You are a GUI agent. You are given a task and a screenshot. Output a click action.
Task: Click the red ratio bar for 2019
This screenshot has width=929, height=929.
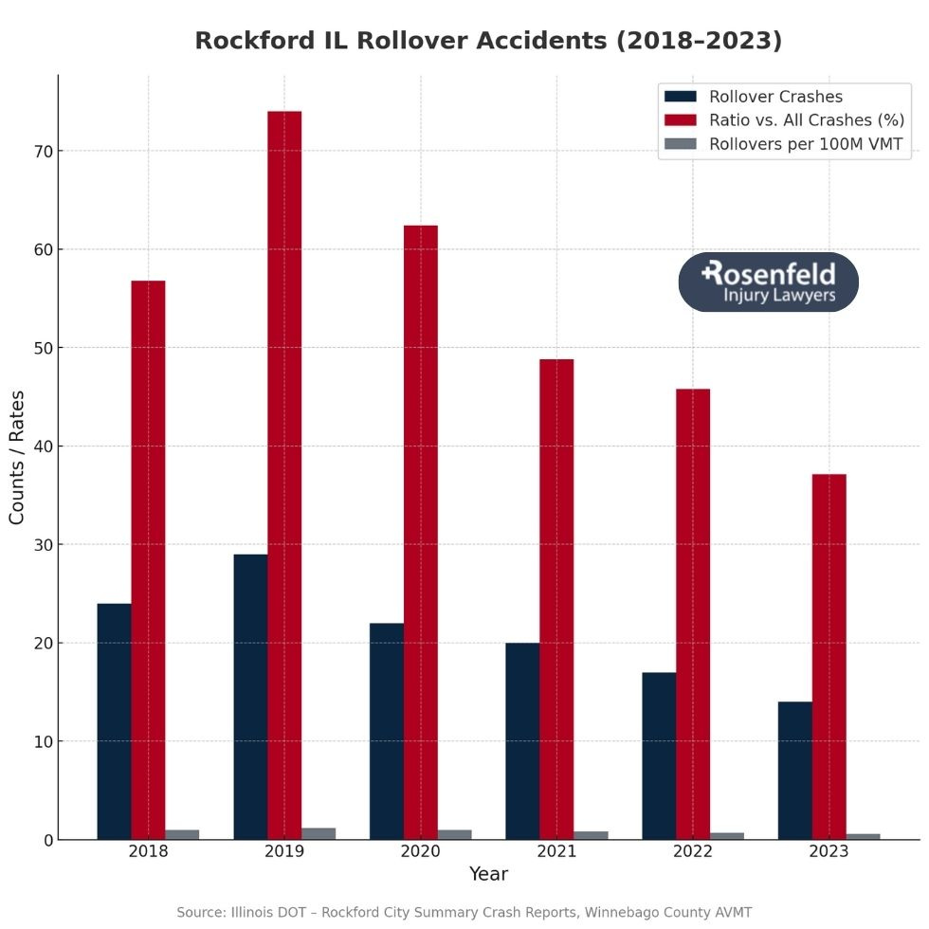(284, 474)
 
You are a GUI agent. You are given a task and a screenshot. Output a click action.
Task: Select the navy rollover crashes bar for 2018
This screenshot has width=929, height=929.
(114, 720)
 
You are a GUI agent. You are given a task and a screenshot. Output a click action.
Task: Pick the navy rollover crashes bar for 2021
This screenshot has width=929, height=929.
(522, 740)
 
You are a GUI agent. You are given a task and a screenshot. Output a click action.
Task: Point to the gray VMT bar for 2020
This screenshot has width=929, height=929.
(454, 834)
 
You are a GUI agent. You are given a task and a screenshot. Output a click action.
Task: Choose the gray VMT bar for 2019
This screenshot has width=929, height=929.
(319, 833)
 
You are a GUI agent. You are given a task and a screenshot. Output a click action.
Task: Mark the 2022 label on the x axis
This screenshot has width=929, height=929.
(692, 851)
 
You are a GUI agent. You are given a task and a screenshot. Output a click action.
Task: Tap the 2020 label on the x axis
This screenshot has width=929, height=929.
(420, 851)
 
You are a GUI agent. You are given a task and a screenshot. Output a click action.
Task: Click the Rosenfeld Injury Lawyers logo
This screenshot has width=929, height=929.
(768, 282)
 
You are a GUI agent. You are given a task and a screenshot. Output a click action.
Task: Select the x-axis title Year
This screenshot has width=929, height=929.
(488, 874)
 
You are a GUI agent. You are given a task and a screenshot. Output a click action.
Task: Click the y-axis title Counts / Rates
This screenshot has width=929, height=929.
(17, 457)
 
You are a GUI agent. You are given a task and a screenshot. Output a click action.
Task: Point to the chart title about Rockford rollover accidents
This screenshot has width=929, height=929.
(488, 41)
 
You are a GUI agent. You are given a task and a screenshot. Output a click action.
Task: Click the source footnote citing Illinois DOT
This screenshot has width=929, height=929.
(464, 912)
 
